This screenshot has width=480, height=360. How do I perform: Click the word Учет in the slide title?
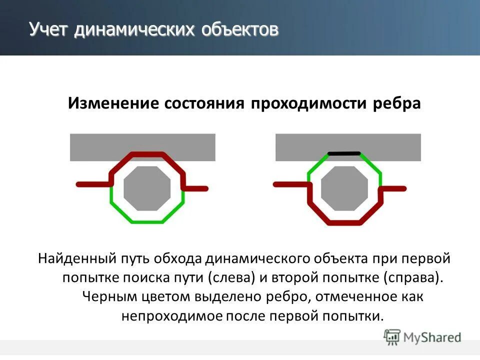pyautogui.click(x=49, y=29)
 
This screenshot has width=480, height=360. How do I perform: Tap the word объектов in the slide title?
pyautogui.click(x=240, y=29)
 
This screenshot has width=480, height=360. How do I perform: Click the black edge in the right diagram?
pyautogui.click(x=343, y=153)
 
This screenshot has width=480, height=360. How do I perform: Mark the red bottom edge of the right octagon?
pyautogui.click(x=344, y=221)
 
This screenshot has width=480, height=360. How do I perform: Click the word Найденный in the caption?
pyautogui.click(x=76, y=259)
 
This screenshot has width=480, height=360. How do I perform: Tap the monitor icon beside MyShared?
pyautogui.click(x=392, y=337)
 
